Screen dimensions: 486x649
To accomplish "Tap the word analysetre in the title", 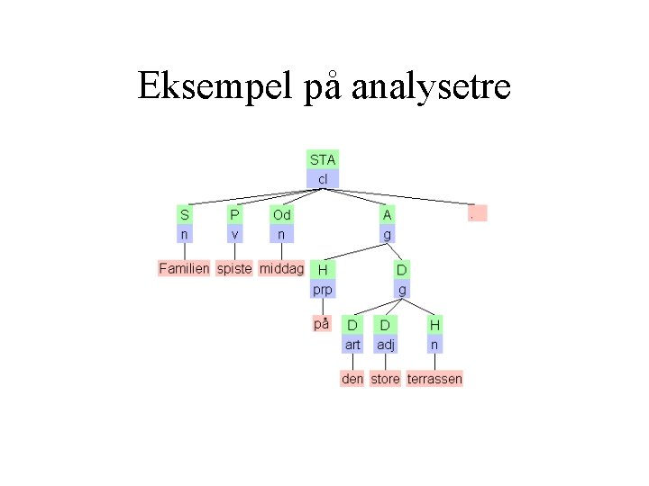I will point(431,86).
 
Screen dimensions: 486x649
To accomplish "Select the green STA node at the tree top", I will point(323,159).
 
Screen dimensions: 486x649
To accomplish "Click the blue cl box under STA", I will point(323,179).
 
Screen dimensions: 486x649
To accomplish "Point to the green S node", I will point(185,214).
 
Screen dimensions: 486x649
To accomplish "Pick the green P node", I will point(234,214).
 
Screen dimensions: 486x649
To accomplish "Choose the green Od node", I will point(282,214).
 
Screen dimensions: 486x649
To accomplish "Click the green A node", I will point(387,214).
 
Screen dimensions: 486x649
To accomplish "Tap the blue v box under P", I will point(234,234).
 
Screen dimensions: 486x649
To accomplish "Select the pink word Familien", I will point(184,268).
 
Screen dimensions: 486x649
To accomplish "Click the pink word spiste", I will point(234,268).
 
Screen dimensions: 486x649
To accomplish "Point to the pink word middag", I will point(281,268).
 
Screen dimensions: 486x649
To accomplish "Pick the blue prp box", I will point(322,290).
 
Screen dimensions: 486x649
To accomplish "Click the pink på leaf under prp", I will point(321,324).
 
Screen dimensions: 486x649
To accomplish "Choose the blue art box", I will point(352,345).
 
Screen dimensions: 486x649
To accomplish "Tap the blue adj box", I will point(386,345).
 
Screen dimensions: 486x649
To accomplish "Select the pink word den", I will point(352,379).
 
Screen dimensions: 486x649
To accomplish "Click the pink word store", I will point(385,379).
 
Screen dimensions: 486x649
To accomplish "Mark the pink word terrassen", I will point(434,379).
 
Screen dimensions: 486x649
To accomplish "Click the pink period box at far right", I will point(478,213).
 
